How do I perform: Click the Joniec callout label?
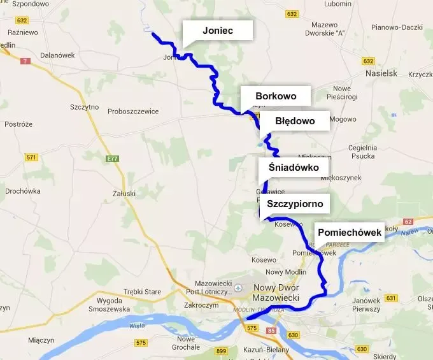(x=218, y=31)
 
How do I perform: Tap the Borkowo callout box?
(x=276, y=96)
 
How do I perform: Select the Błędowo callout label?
(x=295, y=120)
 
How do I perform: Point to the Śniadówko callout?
(x=294, y=167)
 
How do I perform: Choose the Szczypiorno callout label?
(x=295, y=204)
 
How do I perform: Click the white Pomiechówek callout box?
(x=349, y=233)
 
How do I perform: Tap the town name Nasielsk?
(x=381, y=73)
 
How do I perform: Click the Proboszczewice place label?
(x=132, y=111)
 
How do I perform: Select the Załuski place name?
(x=123, y=193)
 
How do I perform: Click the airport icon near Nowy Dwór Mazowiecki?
(x=239, y=287)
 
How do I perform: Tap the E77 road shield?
(x=113, y=159)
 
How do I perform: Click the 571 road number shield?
(x=31, y=157)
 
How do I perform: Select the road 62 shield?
(x=408, y=222)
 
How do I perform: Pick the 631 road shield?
(x=391, y=298)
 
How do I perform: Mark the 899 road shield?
(x=222, y=351)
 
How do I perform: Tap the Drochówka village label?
(x=22, y=191)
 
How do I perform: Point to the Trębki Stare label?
(x=142, y=291)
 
